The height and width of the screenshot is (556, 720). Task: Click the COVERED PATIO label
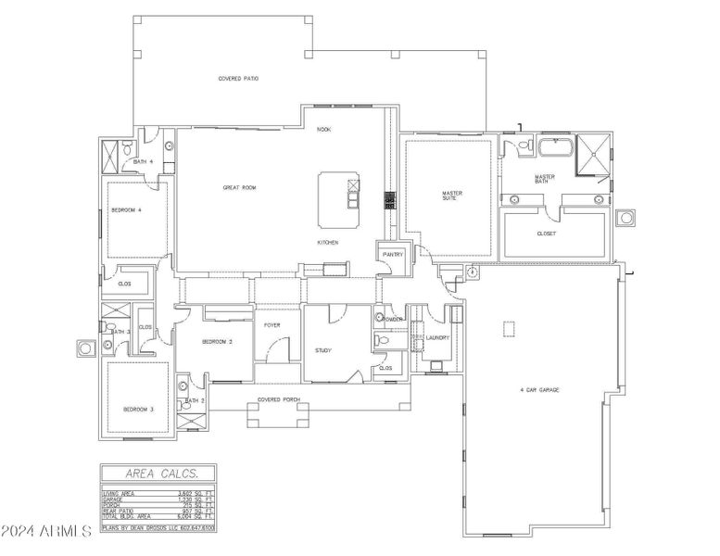(238, 79)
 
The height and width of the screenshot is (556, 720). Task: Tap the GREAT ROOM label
(239, 187)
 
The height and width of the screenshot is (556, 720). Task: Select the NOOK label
(324, 130)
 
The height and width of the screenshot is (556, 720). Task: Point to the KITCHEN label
(328, 243)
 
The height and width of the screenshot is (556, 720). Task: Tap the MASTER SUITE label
(451, 196)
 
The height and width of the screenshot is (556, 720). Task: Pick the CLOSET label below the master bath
(547, 234)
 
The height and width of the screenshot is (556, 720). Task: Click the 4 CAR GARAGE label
(540, 390)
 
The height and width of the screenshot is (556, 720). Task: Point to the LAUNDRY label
(437, 338)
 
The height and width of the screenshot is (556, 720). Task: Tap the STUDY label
(323, 350)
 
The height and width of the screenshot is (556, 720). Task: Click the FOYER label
(272, 325)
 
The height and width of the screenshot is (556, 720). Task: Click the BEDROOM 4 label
(126, 210)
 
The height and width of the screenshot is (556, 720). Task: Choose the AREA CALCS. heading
(154, 472)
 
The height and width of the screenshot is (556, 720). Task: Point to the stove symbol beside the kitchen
(390, 199)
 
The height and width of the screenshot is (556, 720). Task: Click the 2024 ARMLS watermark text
(46, 532)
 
